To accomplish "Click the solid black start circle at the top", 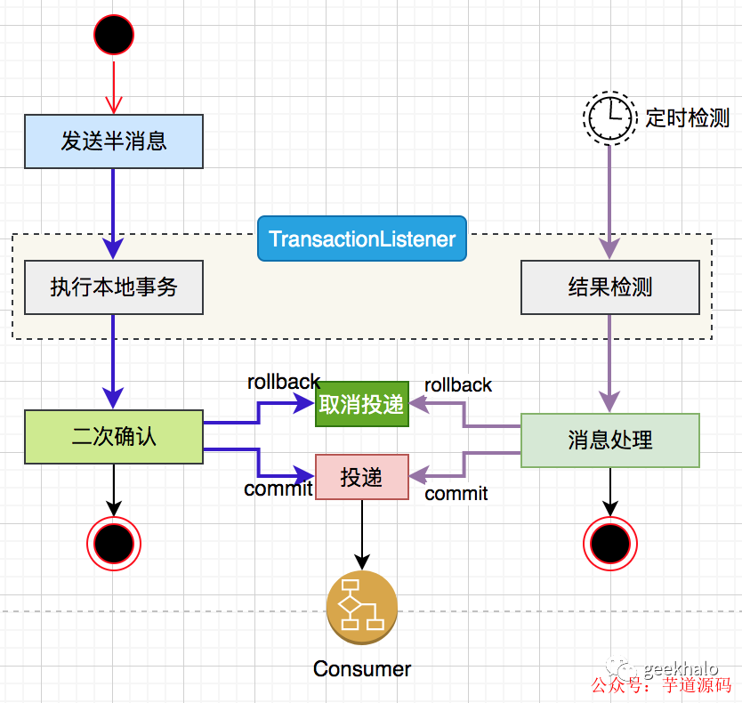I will pyautogui.click(x=114, y=35).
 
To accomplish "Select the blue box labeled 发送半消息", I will pyautogui.click(x=114, y=141).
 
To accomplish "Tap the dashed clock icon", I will pyautogui.click(x=609, y=117).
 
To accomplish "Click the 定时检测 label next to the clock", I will pyautogui.click(x=687, y=117).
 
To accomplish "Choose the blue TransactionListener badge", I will pyautogui.click(x=362, y=238).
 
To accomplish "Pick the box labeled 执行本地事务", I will pyautogui.click(x=114, y=287).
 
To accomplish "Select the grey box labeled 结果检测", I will pyautogui.click(x=610, y=287).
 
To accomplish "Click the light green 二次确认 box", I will pyautogui.click(x=114, y=437).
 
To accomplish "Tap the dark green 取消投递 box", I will pyautogui.click(x=361, y=405).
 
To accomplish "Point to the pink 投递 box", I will pyautogui.click(x=362, y=477).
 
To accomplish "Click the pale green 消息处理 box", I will pyautogui.click(x=610, y=440).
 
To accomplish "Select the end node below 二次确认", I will pyautogui.click(x=114, y=542).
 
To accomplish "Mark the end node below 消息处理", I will pyautogui.click(x=610, y=542).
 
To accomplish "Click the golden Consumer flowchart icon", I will pyautogui.click(x=362, y=607).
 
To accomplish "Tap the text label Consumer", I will pyautogui.click(x=362, y=669).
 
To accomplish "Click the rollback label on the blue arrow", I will pyautogui.click(x=283, y=382).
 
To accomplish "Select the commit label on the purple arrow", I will pyautogui.click(x=456, y=494).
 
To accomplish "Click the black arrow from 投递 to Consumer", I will pyautogui.click(x=362, y=534).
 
